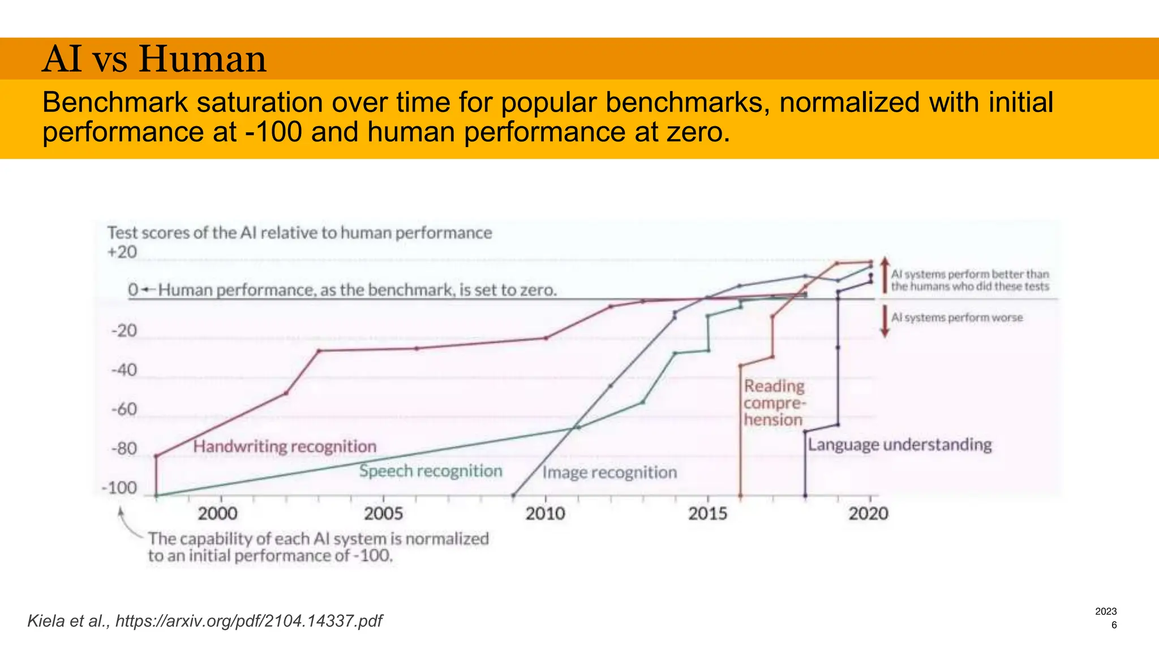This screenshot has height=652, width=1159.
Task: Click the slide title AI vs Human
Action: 154,59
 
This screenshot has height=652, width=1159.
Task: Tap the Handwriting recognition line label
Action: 285,447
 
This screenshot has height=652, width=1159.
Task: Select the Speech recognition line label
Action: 431,471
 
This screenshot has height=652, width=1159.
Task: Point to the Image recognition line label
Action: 609,472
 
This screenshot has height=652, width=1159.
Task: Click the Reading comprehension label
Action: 774,403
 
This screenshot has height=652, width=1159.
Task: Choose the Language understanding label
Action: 899,444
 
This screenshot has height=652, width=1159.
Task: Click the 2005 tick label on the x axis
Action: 383,514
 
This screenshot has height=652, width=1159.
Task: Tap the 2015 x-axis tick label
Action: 707,514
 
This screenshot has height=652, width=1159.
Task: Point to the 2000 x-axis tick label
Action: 218,514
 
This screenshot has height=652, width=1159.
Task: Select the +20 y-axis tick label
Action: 122,252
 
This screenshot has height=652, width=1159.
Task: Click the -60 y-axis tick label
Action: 124,409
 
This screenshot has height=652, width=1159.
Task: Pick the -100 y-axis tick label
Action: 119,488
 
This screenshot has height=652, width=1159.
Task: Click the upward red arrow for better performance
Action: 885,275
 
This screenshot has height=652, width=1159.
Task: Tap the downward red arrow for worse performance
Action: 885,321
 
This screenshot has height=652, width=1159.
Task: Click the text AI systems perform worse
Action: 957,318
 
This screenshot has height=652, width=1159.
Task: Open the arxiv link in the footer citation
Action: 249,621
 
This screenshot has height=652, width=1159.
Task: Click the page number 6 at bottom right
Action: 1114,625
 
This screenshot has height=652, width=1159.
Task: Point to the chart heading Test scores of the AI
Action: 299,233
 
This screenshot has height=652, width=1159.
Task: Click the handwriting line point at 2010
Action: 546,338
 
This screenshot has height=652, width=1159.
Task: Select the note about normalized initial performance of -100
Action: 318,547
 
